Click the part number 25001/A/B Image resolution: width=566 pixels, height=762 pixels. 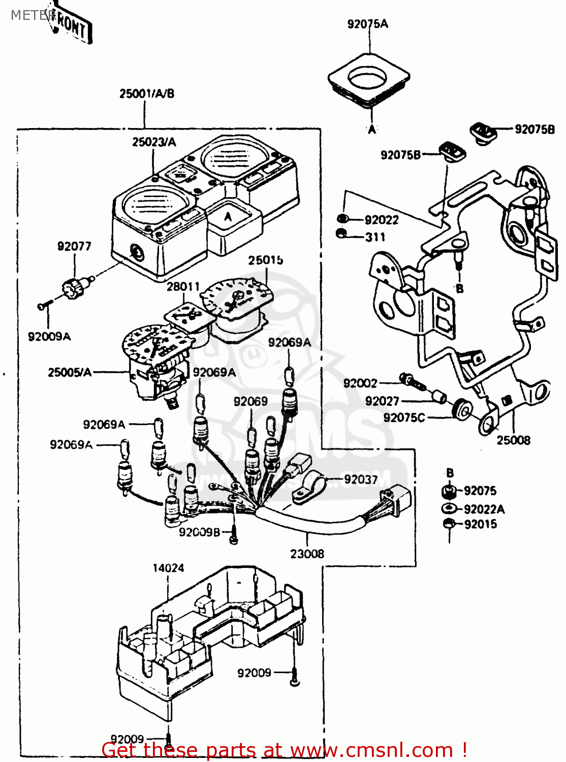pos(147,93)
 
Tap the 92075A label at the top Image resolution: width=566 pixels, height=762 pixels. pos(367,24)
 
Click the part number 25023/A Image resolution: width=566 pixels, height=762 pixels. pos(154,142)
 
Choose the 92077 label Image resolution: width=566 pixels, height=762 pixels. pos(74,246)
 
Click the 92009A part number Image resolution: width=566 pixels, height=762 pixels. pos(49,336)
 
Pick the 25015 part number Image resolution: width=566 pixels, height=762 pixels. pos(265,260)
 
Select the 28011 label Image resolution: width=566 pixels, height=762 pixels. pos(183,287)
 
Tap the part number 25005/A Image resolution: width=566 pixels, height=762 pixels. pos(70,372)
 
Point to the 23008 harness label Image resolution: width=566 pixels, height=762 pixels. pos(307,554)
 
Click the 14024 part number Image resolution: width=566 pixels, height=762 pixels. pos(168,568)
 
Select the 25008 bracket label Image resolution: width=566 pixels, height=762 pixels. pos(513,440)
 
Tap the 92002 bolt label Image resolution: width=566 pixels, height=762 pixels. pos(360,383)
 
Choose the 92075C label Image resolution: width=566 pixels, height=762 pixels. pos(404,418)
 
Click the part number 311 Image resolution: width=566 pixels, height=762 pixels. pos(375,237)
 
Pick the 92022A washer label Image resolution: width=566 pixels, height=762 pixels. pos(484,509)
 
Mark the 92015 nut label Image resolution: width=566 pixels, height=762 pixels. pos(480,524)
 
